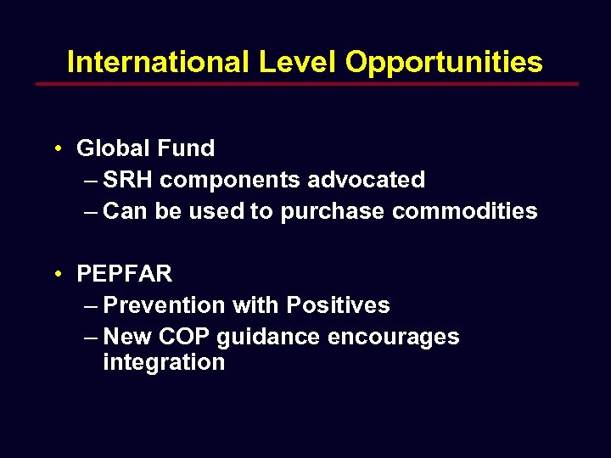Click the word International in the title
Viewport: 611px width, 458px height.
[x=158, y=62]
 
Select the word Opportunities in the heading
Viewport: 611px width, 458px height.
[x=445, y=63]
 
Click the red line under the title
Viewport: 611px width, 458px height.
[x=306, y=84]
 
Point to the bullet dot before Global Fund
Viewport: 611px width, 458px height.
[x=55, y=149]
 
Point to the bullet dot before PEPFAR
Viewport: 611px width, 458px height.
[x=55, y=275]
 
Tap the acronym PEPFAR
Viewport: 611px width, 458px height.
[x=124, y=274]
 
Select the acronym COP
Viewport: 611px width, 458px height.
[x=187, y=337]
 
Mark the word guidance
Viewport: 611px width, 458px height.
[x=268, y=338]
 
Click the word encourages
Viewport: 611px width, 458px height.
[x=393, y=338]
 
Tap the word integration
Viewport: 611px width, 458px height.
[x=164, y=363]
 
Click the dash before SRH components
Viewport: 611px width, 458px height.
[x=92, y=180]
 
